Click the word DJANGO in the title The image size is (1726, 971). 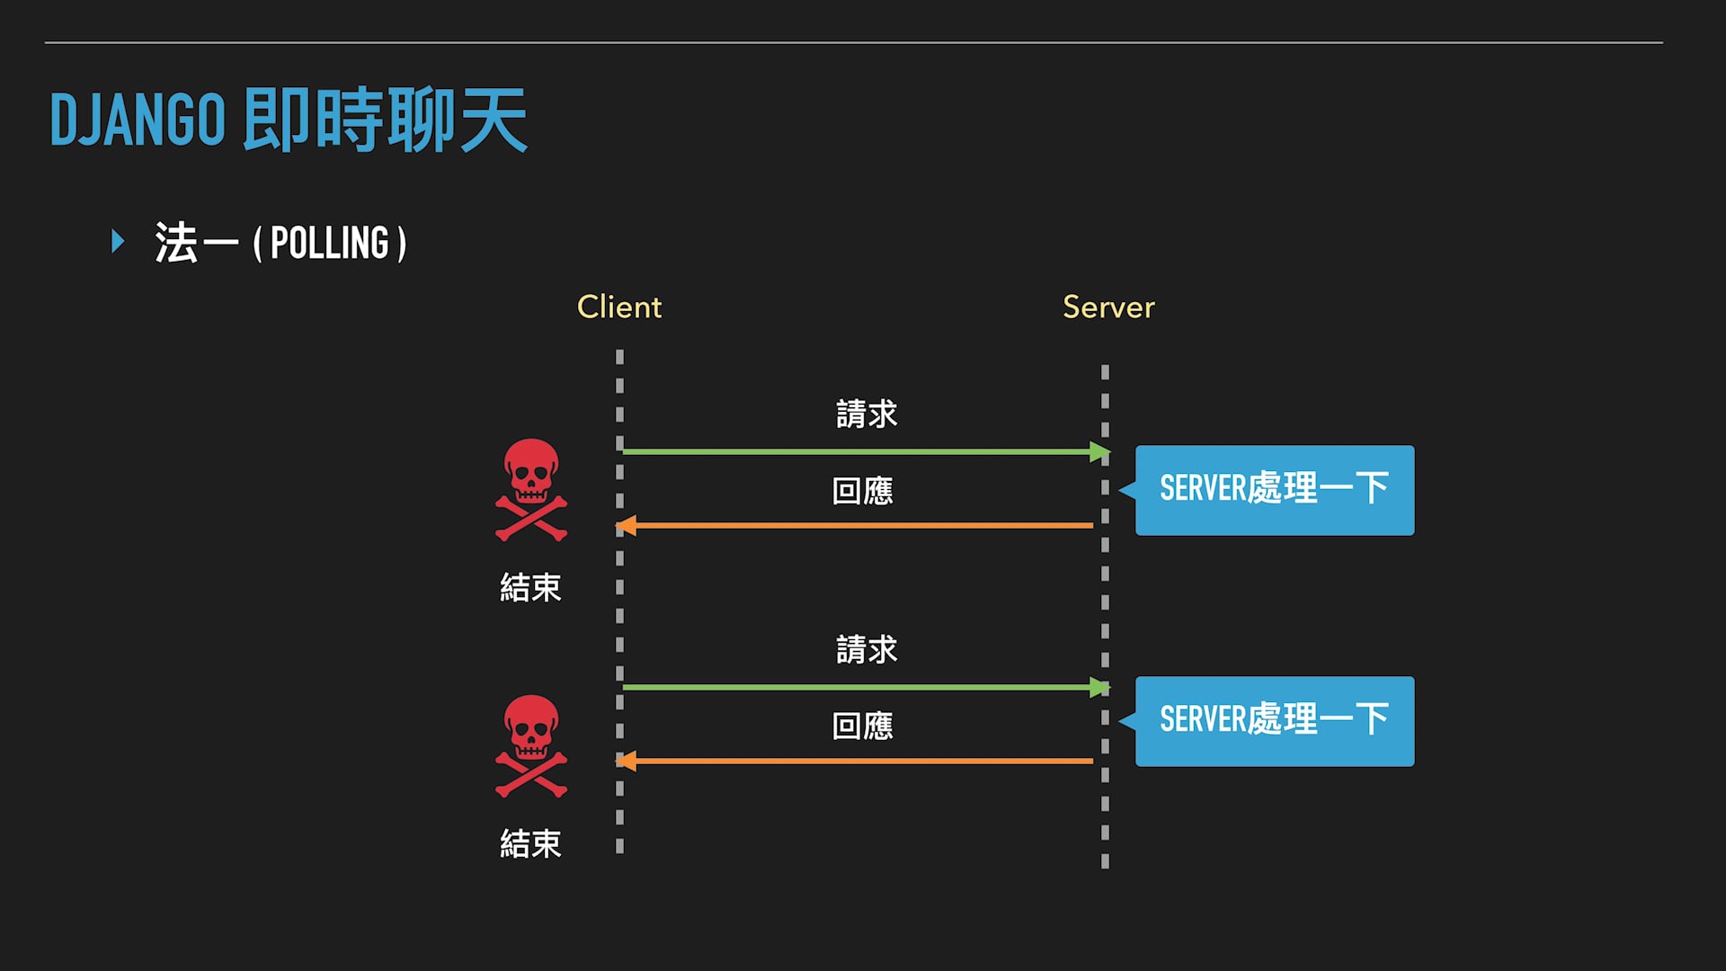click(137, 120)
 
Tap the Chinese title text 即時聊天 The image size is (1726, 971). click(385, 120)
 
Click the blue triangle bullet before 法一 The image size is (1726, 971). click(118, 241)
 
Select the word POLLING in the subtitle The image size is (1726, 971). click(329, 243)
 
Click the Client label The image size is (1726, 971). click(618, 307)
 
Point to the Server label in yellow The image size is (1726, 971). click(1108, 307)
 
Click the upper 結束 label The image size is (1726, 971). click(530, 588)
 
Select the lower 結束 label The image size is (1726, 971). click(530, 844)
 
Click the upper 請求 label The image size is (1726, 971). click(867, 414)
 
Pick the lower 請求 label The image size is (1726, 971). click(867, 650)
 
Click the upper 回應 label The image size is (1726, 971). click(863, 491)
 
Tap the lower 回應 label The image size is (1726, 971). click(863, 726)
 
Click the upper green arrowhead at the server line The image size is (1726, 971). click(1099, 451)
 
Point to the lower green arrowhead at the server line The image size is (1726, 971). click(1099, 688)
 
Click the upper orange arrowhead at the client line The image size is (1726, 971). click(627, 525)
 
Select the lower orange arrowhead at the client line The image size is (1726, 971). click(627, 762)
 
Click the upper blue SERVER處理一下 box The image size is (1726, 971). click(1274, 490)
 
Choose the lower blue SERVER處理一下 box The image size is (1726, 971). click(1274, 721)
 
